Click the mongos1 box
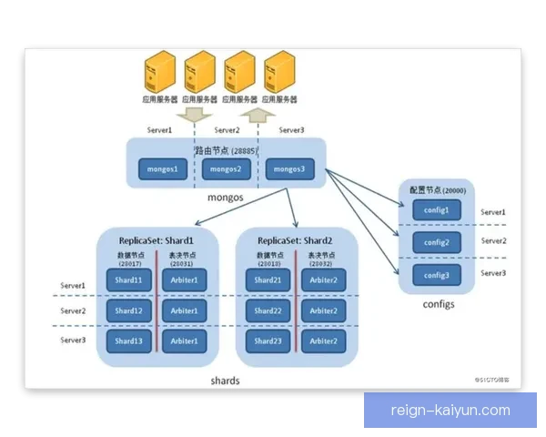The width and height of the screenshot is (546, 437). click(x=163, y=169)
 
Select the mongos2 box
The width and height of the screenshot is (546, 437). click(x=226, y=169)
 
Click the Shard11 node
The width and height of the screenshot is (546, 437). click(x=128, y=280)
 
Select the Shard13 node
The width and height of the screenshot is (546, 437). click(x=128, y=341)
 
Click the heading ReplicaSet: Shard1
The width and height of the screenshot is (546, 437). click(x=157, y=240)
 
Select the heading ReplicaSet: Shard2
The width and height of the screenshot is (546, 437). click(x=295, y=240)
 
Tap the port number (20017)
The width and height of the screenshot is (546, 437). click(x=127, y=264)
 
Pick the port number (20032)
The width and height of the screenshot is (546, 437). click(x=322, y=264)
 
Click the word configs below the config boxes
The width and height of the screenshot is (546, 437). click(x=439, y=304)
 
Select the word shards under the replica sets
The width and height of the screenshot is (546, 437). click(x=225, y=381)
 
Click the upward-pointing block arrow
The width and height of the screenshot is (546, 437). click(x=261, y=116)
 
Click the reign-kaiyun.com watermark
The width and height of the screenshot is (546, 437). click(x=450, y=410)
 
